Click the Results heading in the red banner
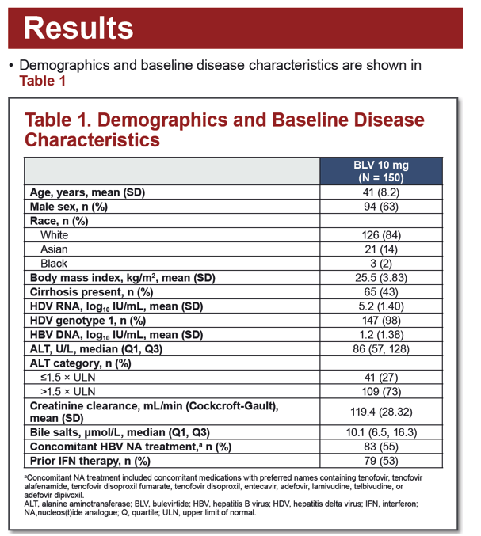pyautogui.click(x=78, y=28)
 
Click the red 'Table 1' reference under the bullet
pyautogui.click(x=42, y=81)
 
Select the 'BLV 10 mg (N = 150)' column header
pyautogui.click(x=381, y=171)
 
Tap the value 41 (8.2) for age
pyautogui.click(x=381, y=192)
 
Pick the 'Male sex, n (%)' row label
pyautogui.click(x=69, y=207)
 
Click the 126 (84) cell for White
pyautogui.click(x=381, y=235)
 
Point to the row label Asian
pyautogui.click(x=54, y=249)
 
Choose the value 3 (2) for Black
pyautogui.click(x=381, y=264)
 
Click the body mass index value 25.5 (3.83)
pyautogui.click(x=381, y=278)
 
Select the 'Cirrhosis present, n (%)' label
pyautogui.click(x=91, y=292)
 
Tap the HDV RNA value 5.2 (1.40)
pyautogui.click(x=381, y=306)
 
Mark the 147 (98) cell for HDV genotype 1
pyautogui.click(x=381, y=321)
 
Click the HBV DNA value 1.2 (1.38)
pyautogui.click(x=381, y=335)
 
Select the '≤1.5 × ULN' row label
pyautogui.click(x=67, y=378)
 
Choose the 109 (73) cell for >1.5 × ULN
pyautogui.click(x=381, y=392)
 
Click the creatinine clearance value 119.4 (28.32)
pyautogui.click(x=381, y=412)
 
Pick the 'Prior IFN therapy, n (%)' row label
pyautogui.click(x=90, y=461)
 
